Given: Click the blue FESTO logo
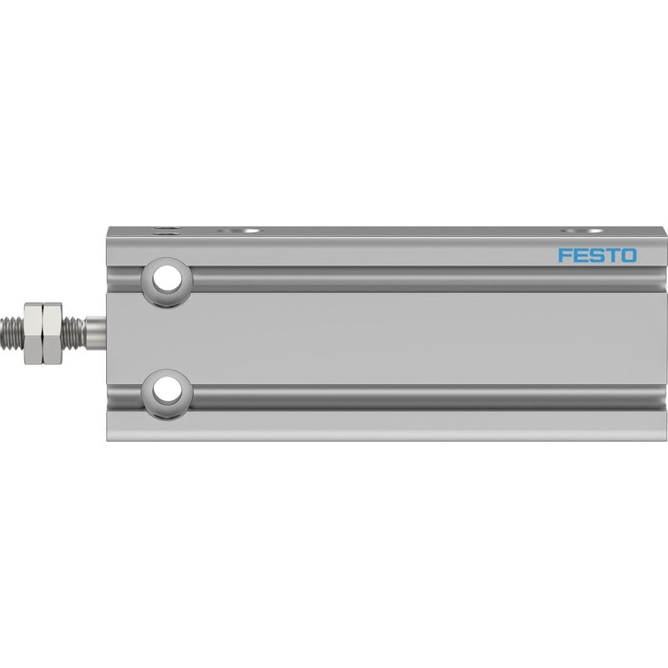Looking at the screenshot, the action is point(597,256).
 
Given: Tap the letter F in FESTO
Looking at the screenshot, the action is point(564,256).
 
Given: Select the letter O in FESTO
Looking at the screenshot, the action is point(629,256).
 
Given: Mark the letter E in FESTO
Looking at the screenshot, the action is point(580,256).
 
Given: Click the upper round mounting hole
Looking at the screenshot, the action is point(166,280).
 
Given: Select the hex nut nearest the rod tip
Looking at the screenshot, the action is point(33,333).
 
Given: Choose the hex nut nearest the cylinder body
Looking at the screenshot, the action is point(53,333).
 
